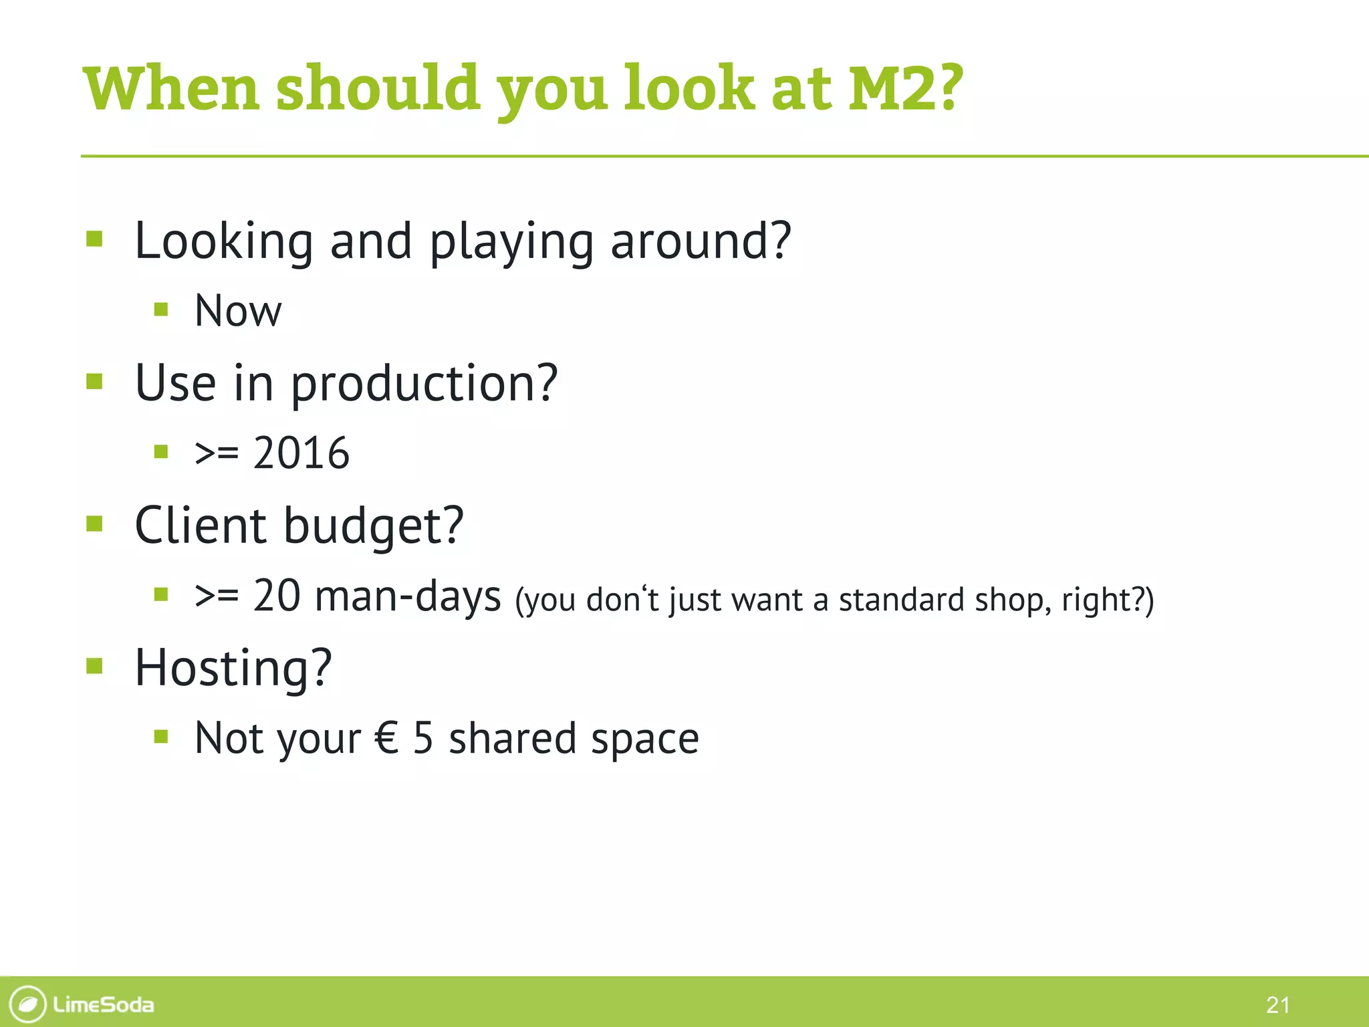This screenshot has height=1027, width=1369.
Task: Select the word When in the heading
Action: click(171, 88)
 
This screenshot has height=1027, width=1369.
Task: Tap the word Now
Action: click(238, 311)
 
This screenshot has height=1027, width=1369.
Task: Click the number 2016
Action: click(301, 453)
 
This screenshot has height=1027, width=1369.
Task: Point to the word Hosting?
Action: click(233, 668)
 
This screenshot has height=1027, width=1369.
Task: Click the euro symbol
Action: click(387, 738)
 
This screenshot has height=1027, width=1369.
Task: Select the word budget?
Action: click(373, 526)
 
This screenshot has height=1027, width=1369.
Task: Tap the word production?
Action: click(424, 384)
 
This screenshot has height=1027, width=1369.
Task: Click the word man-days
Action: click(408, 596)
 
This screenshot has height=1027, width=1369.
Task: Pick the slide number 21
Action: click(1277, 1004)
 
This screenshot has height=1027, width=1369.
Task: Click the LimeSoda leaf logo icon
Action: click(28, 1004)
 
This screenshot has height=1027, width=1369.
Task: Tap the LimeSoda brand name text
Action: click(104, 1004)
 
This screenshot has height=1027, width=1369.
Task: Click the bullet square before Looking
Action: click(94, 239)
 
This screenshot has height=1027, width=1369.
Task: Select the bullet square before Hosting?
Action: click(94, 666)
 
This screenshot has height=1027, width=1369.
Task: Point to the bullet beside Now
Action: click(160, 309)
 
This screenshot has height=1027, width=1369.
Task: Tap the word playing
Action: click(511, 242)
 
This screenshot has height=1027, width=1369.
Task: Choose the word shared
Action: click(512, 738)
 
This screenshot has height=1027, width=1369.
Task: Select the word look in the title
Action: click(689, 88)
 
